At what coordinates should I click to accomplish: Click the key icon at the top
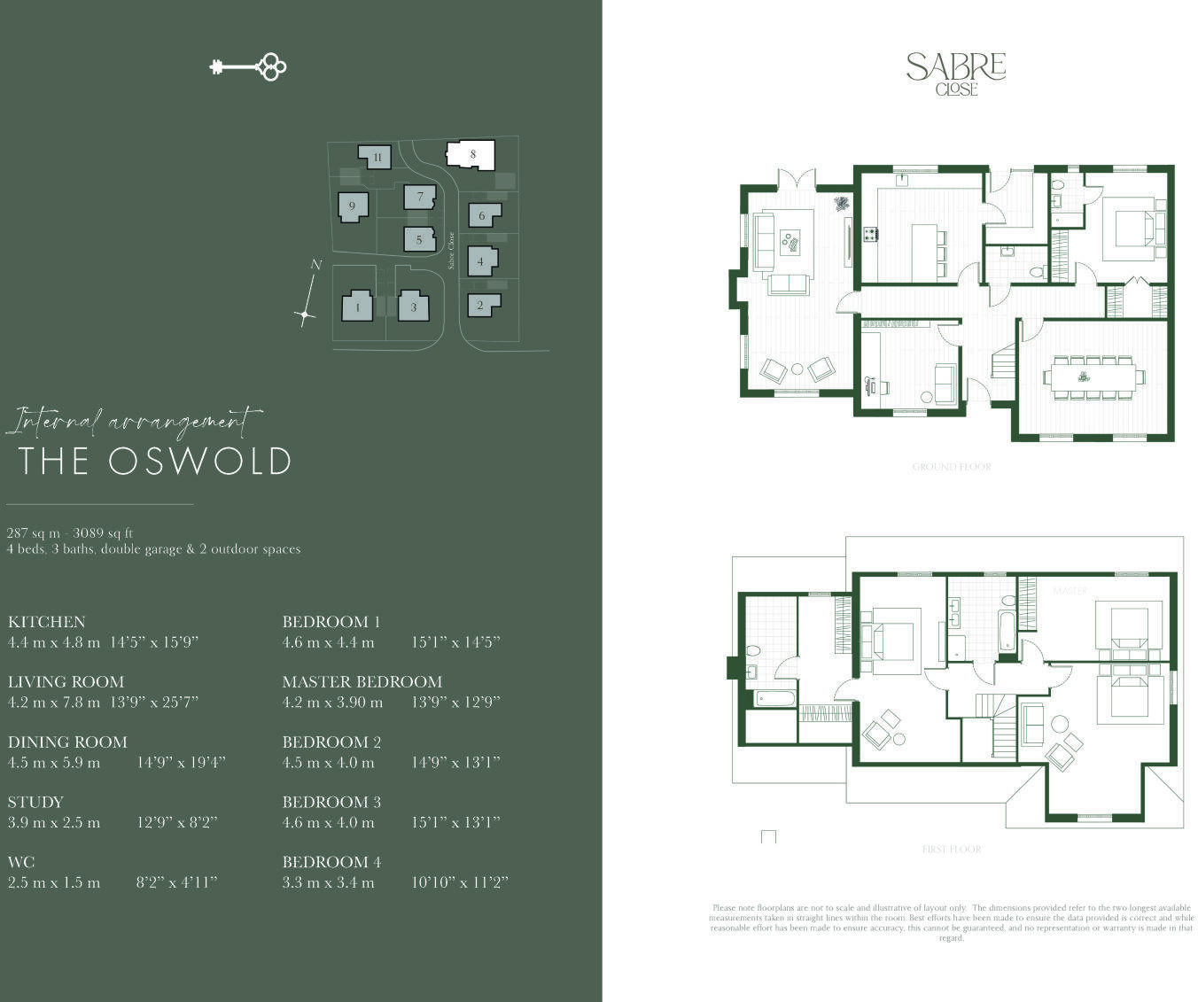coord(248,66)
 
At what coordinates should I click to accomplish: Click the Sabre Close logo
coord(955,73)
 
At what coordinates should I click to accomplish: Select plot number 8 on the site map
coord(471,154)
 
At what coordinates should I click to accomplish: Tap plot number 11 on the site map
coord(377,158)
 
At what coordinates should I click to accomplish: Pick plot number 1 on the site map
coord(357,307)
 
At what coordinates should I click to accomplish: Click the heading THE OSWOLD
coord(155,461)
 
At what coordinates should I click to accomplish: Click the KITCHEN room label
coord(46,622)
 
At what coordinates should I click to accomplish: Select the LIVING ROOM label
coord(66,682)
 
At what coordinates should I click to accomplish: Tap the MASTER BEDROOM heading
coord(362,682)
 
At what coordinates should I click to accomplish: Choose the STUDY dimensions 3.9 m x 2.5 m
coord(54,823)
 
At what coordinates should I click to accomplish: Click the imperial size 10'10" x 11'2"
coord(459,883)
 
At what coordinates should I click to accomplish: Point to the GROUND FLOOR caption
coord(951,467)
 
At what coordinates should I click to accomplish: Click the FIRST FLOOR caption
coord(951,850)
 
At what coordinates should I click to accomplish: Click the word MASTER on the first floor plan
coord(1070,590)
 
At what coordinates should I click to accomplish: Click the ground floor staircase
coord(1003,363)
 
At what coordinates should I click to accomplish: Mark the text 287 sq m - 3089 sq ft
coord(70,533)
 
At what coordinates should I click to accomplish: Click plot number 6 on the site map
coord(483,215)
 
